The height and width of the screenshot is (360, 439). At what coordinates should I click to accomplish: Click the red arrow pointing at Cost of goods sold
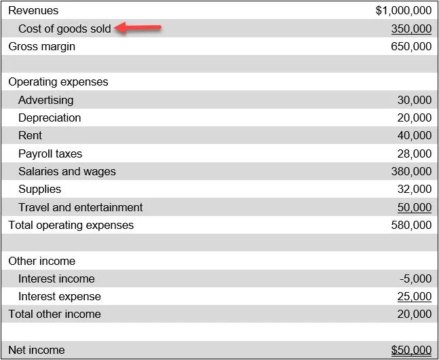pyautogui.click(x=138, y=28)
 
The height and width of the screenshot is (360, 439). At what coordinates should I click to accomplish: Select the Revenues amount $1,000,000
pyautogui.click(x=403, y=11)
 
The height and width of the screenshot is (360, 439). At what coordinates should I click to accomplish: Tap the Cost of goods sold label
pyautogui.click(x=64, y=29)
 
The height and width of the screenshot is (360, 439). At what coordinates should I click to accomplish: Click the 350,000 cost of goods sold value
pyautogui.click(x=411, y=29)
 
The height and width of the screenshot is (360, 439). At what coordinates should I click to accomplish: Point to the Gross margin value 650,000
pyautogui.click(x=411, y=46)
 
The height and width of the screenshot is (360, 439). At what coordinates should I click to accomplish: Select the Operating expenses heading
pyautogui.click(x=58, y=82)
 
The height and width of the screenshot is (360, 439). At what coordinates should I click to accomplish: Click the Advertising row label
pyautogui.click(x=45, y=100)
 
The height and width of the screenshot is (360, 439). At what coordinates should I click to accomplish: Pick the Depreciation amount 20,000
pyautogui.click(x=414, y=118)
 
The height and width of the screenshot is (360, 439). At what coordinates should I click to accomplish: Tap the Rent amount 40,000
pyautogui.click(x=414, y=135)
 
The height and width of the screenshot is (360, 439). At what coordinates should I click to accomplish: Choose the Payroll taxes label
pyautogui.click(x=50, y=154)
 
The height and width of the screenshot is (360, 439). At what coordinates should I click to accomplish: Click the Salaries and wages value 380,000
pyautogui.click(x=411, y=171)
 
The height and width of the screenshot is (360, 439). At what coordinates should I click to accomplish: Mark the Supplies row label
pyautogui.click(x=39, y=189)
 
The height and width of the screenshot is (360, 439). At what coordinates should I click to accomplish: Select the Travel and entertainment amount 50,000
pyautogui.click(x=414, y=207)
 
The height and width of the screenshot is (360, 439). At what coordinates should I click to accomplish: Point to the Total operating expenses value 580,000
pyautogui.click(x=411, y=225)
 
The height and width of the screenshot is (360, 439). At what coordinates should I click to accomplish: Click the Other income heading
pyautogui.click(x=42, y=261)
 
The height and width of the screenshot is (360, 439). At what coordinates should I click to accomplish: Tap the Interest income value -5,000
pyautogui.click(x=416, y=278)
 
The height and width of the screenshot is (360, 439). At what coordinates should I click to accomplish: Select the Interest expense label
pyautogui.click(x=60, y=296)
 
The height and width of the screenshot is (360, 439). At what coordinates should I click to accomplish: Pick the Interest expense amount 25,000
pyautogui.click(x=414, y=296)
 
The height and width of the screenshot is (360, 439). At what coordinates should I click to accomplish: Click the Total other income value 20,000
pyautogui.click(x=414, y=314)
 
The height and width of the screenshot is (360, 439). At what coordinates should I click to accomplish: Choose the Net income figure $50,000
pyautogui.click(x=411, y=350)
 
